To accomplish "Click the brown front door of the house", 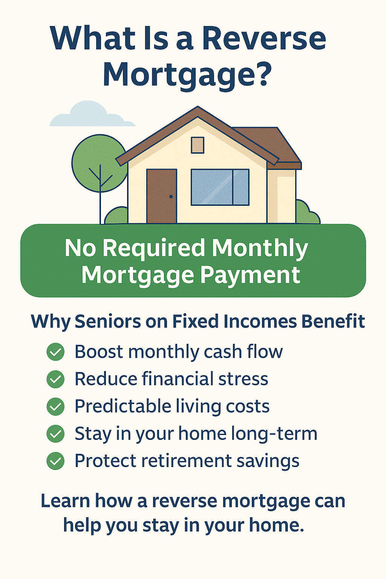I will (161, 196).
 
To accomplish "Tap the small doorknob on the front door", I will (171, 196).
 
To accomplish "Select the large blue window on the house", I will (220, 187).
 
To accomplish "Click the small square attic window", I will (198, 145).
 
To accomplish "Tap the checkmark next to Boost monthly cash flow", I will (55, 352).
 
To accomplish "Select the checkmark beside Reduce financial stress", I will (55, 379).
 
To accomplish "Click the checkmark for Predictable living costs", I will (55, 407).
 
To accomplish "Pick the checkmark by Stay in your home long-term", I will (55, 434).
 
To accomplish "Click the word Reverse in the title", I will (264, 38).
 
